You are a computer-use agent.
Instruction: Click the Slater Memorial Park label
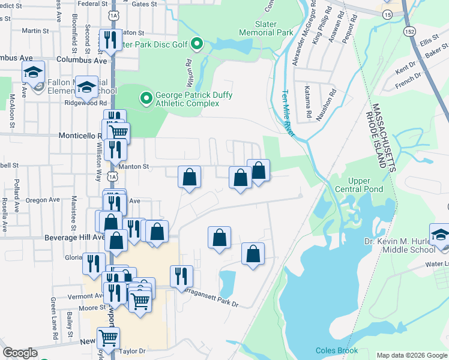coord(266,28)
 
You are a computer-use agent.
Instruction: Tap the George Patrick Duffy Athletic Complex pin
coord(145,97)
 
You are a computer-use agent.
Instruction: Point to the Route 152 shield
coord(410,31)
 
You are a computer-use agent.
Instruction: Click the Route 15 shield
coord(388,14)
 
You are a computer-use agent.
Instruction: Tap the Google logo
coord(20,353)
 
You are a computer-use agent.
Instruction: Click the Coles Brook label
coord(337,351)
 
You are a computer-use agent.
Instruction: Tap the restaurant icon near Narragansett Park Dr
coord(181,276)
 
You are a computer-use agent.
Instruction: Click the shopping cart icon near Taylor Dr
coord(108,338)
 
